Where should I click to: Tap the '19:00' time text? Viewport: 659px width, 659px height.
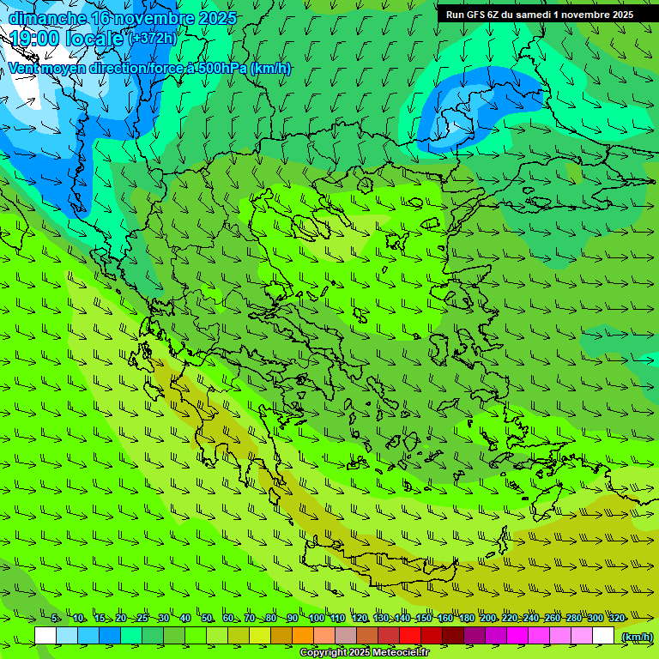click(34, 39)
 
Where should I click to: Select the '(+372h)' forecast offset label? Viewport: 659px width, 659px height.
click(152, 39)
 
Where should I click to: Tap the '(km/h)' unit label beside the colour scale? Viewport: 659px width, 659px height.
click(636, 637)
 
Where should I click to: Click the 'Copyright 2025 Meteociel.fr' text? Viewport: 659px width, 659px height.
click(364, 653)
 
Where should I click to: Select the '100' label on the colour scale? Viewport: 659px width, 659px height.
click(317, 619)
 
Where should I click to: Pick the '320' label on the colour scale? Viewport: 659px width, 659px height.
click(616, 619)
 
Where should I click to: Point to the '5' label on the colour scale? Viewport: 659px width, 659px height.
click(55, 619)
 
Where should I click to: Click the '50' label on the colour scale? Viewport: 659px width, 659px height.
click(207, 619)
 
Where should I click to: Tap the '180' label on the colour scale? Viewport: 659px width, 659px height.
click(466, 619)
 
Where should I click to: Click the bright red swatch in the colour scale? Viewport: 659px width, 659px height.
click(410, 636)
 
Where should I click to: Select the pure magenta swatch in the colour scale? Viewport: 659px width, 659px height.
click(517, 636)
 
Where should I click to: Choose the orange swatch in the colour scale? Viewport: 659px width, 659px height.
click(303, 636)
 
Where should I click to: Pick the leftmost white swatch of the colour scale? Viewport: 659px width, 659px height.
click(45, 636)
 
